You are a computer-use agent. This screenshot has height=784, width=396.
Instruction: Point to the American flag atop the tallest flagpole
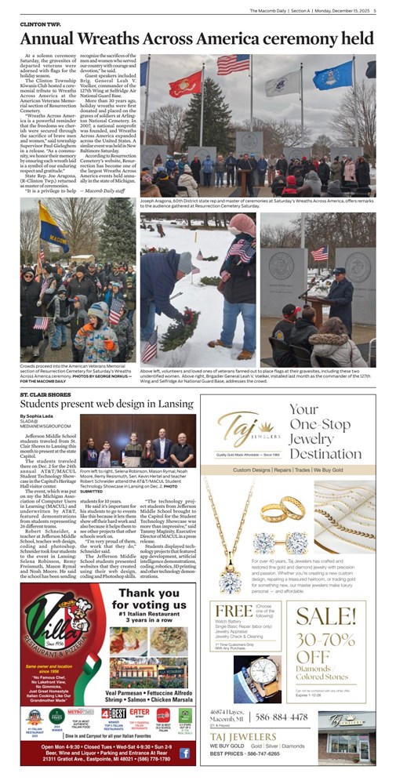(227, 64)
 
